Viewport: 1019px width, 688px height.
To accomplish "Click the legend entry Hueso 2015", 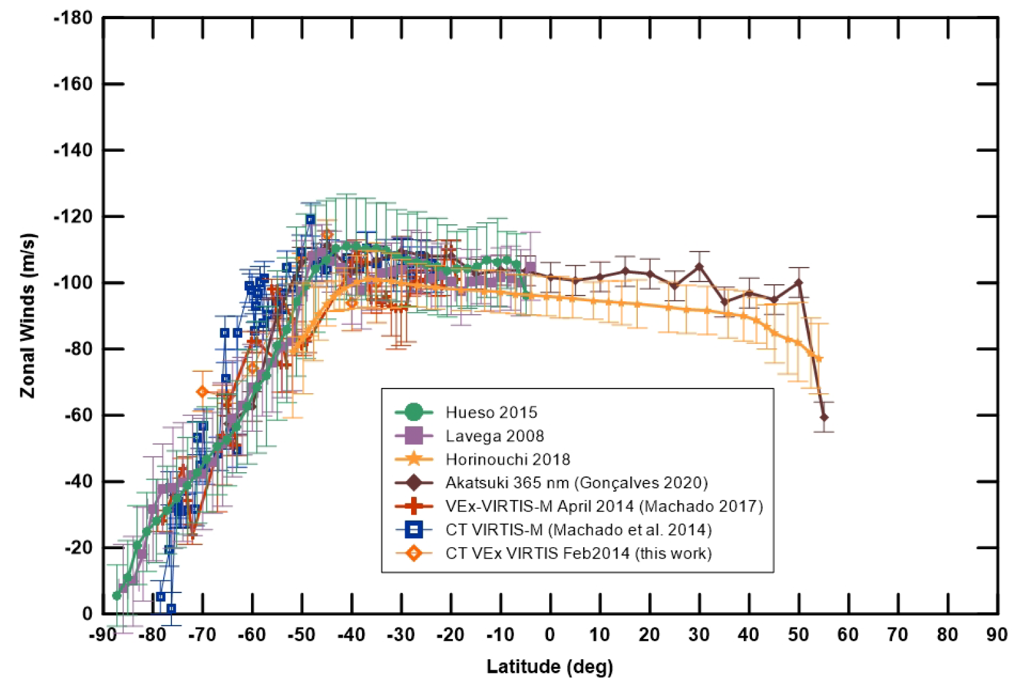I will point(491,413).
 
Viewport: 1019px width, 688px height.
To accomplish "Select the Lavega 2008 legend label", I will point(495,436).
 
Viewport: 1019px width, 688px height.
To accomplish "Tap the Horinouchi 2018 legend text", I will point(507,460).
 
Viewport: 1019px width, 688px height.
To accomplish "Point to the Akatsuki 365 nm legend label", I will point(576,483).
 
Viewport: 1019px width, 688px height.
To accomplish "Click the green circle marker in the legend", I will point(414,413).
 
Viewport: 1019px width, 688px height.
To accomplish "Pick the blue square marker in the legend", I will point(414,529).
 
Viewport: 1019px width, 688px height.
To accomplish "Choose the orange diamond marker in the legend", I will point(414,553).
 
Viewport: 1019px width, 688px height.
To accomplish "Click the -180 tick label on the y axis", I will point(73,18).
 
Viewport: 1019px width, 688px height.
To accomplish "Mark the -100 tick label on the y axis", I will point(73,283).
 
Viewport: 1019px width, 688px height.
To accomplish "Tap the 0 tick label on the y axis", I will point(87,613).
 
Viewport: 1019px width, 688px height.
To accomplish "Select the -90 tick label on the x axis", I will point(103,635).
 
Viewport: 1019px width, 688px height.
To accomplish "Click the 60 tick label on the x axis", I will point(848,635).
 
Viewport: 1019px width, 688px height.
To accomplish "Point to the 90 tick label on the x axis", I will point(997,635).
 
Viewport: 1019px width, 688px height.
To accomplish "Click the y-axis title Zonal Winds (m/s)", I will point(28,316).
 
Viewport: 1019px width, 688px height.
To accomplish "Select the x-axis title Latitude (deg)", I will point(549,667).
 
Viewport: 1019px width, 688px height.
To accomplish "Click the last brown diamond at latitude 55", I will point(824,417).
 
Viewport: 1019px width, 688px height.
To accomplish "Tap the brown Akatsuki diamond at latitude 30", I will point(700,267).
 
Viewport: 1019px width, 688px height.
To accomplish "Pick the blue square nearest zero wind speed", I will point(171,609).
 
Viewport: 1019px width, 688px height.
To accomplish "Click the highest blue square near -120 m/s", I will point(310,220).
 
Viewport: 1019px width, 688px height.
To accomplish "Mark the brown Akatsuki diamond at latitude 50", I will point(799,282).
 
